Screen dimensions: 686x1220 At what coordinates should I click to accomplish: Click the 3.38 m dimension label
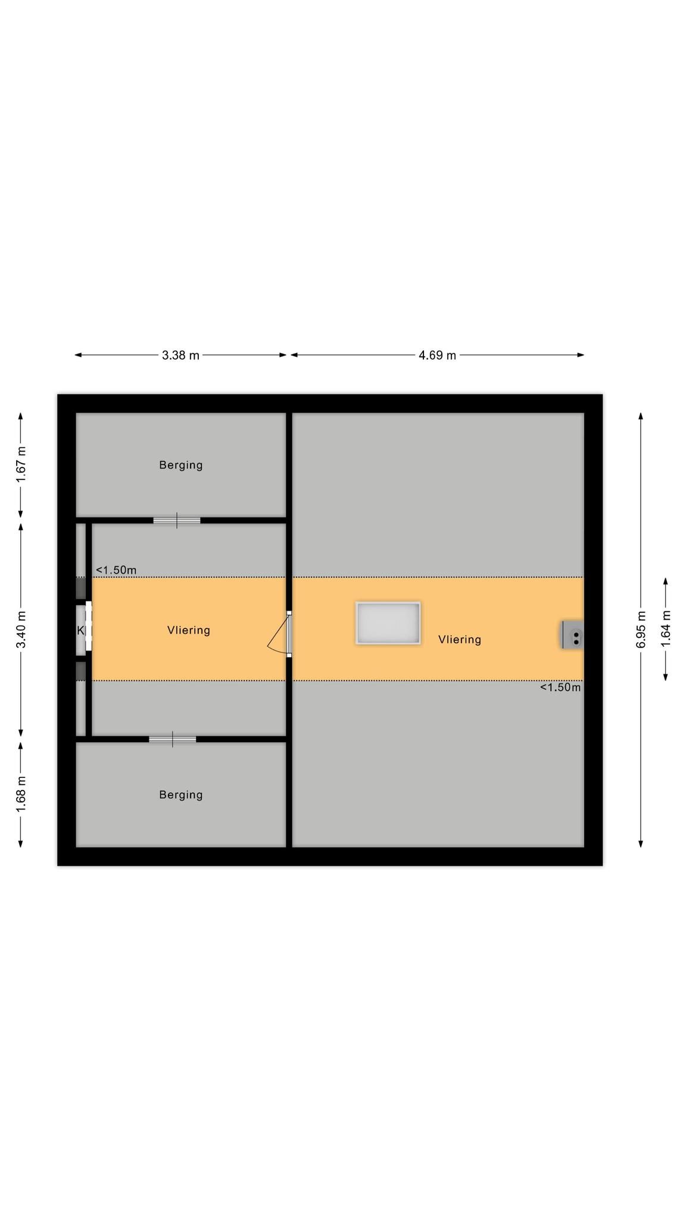(180, 356)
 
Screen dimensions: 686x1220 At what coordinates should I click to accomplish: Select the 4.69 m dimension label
(437, 356)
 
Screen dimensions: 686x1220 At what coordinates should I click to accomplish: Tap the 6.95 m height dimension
(641, 630)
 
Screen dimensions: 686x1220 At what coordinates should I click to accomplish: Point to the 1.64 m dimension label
(666, 628)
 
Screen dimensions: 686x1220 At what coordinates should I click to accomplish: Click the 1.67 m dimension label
(21, 465)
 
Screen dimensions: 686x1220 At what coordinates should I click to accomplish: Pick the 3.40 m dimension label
(21, 630)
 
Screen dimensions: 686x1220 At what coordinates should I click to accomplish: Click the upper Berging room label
(181, 465)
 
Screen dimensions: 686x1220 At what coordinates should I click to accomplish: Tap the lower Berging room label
(181, 795)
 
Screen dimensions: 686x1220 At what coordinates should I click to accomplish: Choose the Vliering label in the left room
(189, 630)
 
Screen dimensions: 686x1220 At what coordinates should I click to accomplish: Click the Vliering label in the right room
(460, 640)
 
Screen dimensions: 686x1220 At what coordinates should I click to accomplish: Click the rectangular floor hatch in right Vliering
(388, 623)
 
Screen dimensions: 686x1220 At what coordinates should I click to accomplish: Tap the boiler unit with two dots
(573, 635)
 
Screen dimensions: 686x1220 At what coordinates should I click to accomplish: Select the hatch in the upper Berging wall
(177, 521)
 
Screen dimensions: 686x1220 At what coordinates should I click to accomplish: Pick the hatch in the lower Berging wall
(173, 739)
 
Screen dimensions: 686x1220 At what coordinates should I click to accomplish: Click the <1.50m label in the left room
(116, 570)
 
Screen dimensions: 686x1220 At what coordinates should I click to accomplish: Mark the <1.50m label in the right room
(560, 687)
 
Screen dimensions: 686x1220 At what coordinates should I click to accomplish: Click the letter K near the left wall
(80, 630)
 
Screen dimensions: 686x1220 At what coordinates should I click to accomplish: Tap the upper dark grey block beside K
(80, 588)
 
